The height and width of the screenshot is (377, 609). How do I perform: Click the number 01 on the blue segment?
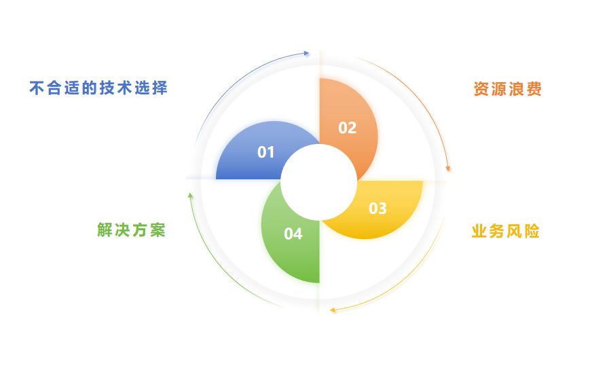pos(265,152)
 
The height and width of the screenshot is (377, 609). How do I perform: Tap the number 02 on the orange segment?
pos(347,128)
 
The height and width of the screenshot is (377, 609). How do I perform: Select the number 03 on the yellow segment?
pos(377,209)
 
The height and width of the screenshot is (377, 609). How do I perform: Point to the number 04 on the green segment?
pos(293,234)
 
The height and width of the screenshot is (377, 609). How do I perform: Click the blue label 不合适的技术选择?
pos(98,88)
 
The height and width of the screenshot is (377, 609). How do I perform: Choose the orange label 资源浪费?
pos(507,90)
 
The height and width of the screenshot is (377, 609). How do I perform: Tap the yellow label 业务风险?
pos(506,232)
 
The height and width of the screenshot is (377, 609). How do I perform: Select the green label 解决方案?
pos(131,230)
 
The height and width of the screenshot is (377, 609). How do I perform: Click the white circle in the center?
pos(319,179)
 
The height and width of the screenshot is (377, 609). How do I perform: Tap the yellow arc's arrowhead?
pos(333,311)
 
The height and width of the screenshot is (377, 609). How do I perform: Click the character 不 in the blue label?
pos(37,88)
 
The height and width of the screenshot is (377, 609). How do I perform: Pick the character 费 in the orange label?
pos(534,90)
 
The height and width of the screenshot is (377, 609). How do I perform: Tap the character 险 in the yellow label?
pos(532,232)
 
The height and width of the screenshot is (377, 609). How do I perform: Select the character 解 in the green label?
pos(105,230)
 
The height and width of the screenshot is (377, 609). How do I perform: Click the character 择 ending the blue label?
pos(160,88)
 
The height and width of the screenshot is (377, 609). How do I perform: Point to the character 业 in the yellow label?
pos(479,232)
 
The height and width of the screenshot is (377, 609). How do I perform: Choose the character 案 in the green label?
pos(158,230)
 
